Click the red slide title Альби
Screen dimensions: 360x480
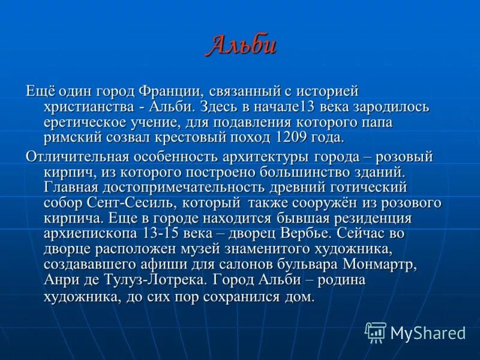tap(241, 46)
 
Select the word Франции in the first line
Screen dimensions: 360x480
tap(169, 91)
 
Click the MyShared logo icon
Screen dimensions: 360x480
tap(376, 332)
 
